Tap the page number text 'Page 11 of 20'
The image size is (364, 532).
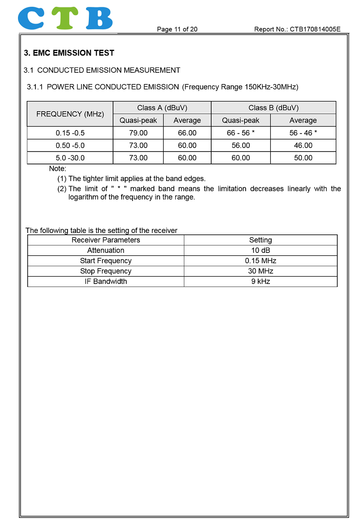[177, 29]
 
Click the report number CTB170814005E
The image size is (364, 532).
[297, 29]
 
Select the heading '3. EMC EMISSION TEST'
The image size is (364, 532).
[69, 53]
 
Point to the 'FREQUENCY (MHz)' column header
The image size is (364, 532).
[70, 114]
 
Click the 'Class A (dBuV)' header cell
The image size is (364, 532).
[162, 108]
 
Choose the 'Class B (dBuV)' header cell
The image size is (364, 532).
[273, 108]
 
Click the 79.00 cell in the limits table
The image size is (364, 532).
[138, 133]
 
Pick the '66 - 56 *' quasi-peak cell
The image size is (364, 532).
[241, 133]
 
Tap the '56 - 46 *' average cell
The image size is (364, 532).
[303, 133]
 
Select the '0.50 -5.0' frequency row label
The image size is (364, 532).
[70, 145]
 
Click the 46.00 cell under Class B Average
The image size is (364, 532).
[303, 145]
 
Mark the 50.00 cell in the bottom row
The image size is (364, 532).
[303, 158]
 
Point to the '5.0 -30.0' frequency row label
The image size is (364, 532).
[70, 158]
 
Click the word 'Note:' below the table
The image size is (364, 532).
[58, 168]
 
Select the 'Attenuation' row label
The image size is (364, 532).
[106, 250]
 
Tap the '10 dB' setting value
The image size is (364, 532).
[261, 250]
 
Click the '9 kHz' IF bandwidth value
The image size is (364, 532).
[261, 282]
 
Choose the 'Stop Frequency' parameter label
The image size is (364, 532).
[106, 271]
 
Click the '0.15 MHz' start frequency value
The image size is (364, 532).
[261, 261]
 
